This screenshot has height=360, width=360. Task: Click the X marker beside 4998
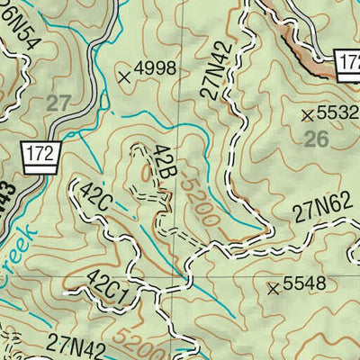[x=124, y=77]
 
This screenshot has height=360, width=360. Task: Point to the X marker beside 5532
[x=309, y=114]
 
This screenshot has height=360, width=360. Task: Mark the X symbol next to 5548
[x=273, y=288]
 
